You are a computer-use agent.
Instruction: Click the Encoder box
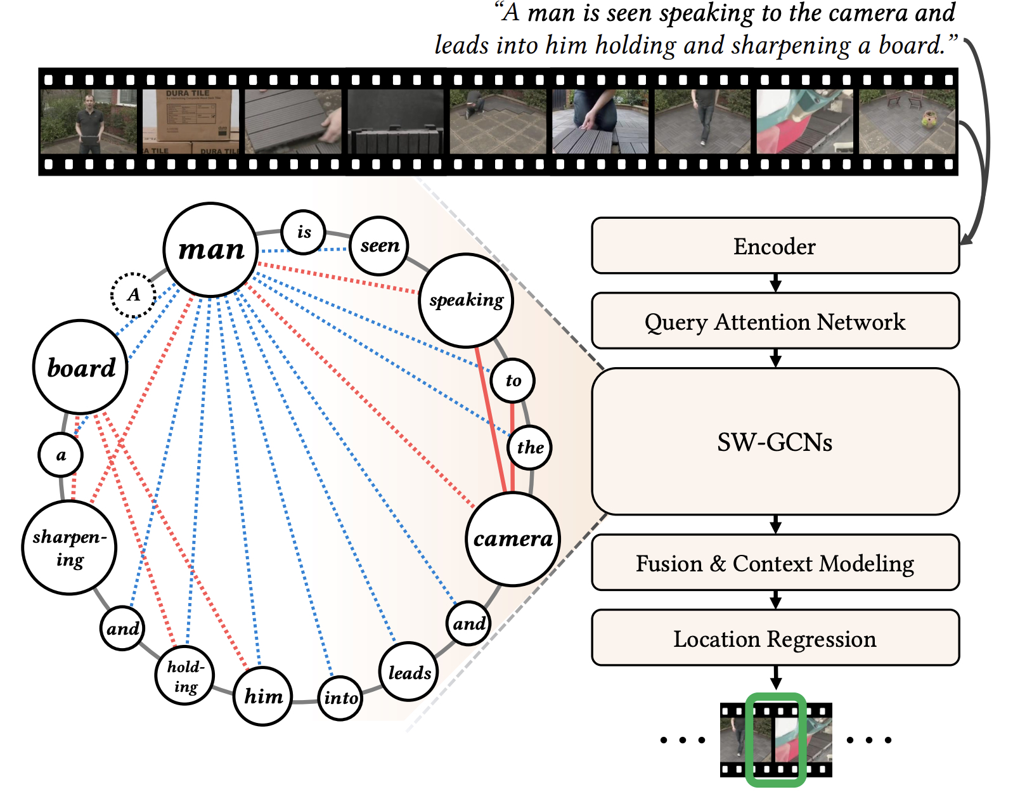click(775, 246)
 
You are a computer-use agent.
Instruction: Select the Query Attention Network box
click(775, 321)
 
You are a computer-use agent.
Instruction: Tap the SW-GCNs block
click(775, 441)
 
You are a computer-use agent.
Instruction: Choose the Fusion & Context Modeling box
click(775, 562)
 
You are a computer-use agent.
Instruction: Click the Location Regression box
click(775, 638)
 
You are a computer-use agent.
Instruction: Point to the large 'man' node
click(210, 250)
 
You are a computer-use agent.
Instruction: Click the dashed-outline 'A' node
click(133, 295)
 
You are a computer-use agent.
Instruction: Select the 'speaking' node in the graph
click(467, 300)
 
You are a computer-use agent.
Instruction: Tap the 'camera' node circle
click(513, 539)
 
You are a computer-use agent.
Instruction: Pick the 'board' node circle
click(81, 367)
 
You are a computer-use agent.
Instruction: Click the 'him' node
click(263, 696)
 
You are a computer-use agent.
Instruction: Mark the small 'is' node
click(304, 232)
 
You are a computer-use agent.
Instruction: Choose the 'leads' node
click(409, 672)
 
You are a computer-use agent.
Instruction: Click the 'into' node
click(340, 698)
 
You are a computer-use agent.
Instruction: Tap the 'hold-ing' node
click(184, 676)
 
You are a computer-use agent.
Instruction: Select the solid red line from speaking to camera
click(491, 419)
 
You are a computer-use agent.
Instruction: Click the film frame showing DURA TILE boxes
click(191, 121)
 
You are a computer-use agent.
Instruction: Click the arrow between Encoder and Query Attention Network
click(775, 283)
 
